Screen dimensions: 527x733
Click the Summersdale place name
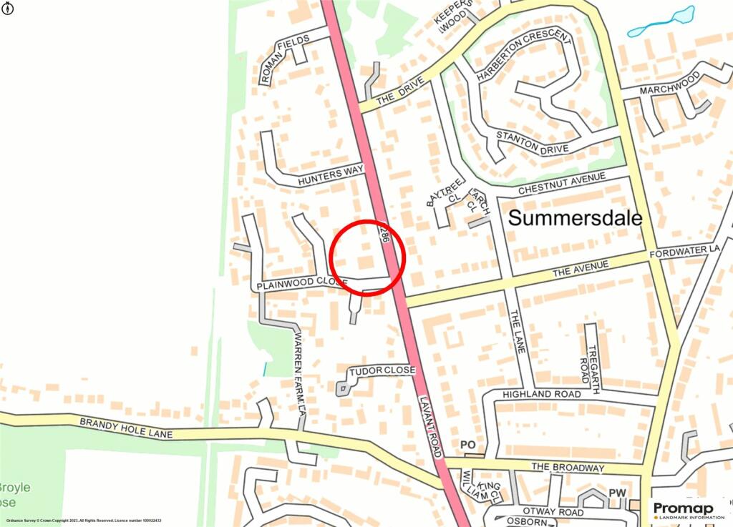575,218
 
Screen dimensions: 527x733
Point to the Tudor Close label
382,370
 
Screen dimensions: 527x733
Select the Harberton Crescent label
523,55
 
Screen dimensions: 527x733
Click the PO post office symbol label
468,445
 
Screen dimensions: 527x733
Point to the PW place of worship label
617,493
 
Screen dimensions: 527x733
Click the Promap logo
687,509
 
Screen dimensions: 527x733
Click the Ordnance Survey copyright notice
84,521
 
